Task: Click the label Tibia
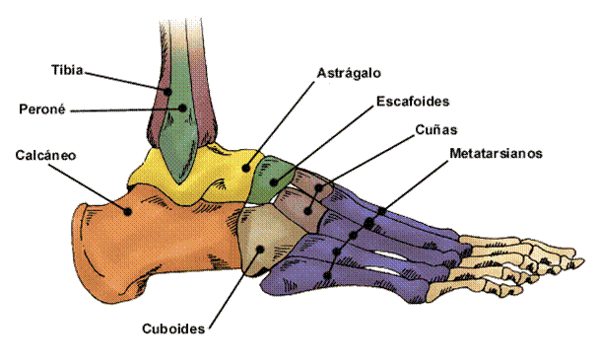coord(67,71)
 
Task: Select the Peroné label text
coord(42,108)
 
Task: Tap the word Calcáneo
coord(45,155)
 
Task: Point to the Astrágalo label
coord(349,73)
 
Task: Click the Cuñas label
coord(435,127)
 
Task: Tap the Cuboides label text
coord(172,329)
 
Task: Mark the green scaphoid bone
coord(272,178)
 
